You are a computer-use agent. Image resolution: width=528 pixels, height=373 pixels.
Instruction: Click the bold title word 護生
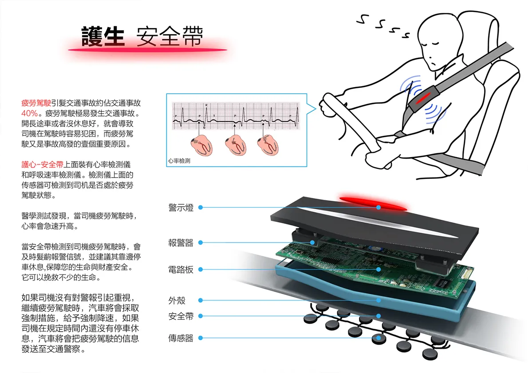point(102,36)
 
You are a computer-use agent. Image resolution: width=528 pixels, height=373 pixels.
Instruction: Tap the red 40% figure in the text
point(29,112)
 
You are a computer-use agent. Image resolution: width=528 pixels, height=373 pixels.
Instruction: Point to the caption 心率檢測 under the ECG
point(179,161)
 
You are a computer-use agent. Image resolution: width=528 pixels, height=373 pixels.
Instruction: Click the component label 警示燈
point(181,207)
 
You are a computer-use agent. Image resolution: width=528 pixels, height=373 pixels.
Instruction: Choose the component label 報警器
point(181,243)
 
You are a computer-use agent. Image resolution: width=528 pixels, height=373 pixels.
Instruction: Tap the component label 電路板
point(181,270)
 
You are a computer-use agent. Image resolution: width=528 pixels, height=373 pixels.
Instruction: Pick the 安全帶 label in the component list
point(181,316)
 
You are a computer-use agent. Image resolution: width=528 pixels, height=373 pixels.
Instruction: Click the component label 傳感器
point(181,338)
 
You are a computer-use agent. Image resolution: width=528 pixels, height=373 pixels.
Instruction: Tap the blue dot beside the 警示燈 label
point(201,207)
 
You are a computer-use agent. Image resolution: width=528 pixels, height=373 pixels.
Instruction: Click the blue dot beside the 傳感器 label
point(201,338)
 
